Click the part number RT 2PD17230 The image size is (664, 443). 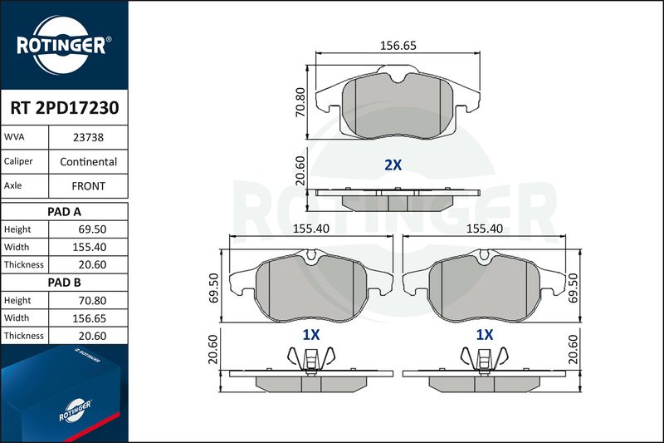(x=65, y=108)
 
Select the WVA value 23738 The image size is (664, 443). (x=88, y=137)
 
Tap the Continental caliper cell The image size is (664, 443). (x=88, y=161)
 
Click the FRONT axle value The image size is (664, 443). (x=88, y=186)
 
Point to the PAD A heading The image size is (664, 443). (x=65, y=212)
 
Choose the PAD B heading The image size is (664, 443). (x=65, y=283)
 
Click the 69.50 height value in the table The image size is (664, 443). (x=92, y=229)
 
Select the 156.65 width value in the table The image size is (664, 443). (x=90, y=318)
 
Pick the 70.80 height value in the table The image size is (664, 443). (x=92, y=301)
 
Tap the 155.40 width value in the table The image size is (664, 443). (x=90, y=247)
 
